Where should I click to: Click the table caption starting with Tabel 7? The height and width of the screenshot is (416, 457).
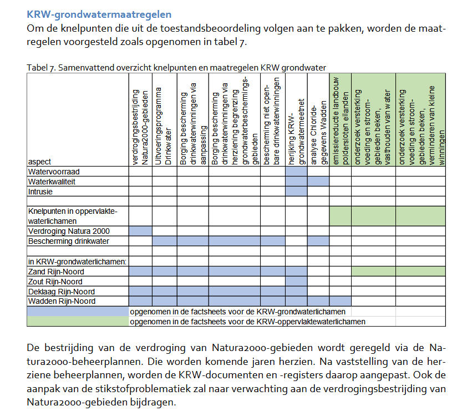coord(176,67)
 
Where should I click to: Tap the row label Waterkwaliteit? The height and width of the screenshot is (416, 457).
coord(53,182)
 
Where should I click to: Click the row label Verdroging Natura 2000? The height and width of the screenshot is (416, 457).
coord(69,231)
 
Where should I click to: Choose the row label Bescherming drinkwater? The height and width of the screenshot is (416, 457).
coord(69,241)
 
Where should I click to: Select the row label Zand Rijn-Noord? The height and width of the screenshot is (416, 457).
coord(57,272)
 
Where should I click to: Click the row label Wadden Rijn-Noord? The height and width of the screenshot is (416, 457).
coord(61,301)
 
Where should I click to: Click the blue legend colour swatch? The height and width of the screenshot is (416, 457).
coord(78,311)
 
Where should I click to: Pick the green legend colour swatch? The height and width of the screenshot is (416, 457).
coord(78,321)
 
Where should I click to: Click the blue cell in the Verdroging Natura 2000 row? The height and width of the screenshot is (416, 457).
coord(141,231)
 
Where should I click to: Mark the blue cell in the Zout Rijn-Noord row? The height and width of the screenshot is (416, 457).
coord(297,282)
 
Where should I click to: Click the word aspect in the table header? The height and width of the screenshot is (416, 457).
coord(39,162)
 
